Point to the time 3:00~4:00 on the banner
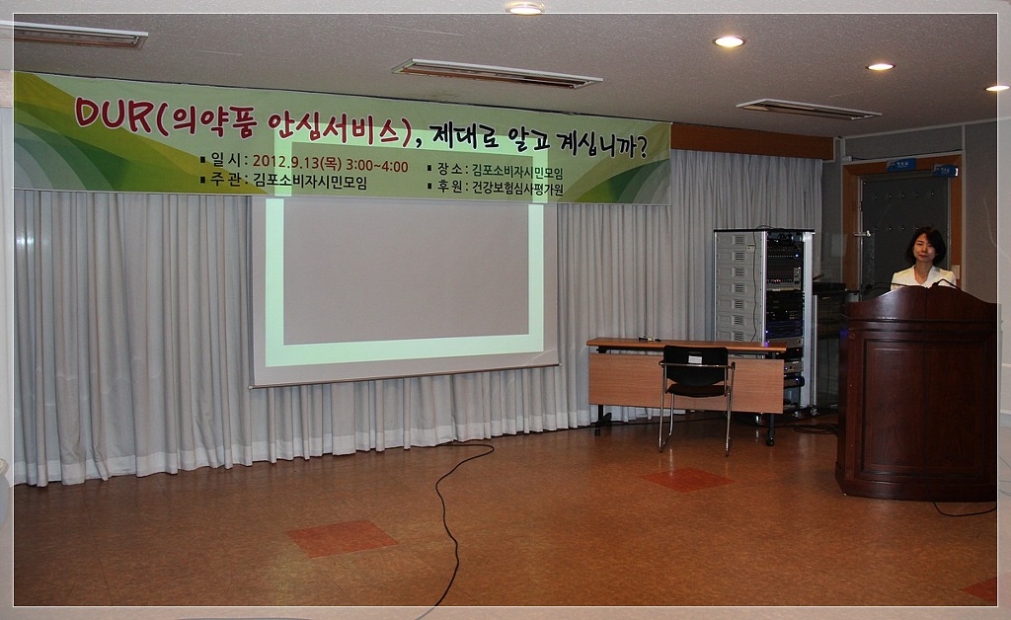click(x=376, y=166)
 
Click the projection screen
click(x=404, y=290)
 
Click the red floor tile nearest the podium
click(x=687, y=480)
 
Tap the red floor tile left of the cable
click(x=341, y=538)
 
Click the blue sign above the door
click(x=900, y=165)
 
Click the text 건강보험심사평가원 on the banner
click(x=517, y=189)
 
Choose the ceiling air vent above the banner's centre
click(x=497, y=73)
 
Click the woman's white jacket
click(x=922, y=277)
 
